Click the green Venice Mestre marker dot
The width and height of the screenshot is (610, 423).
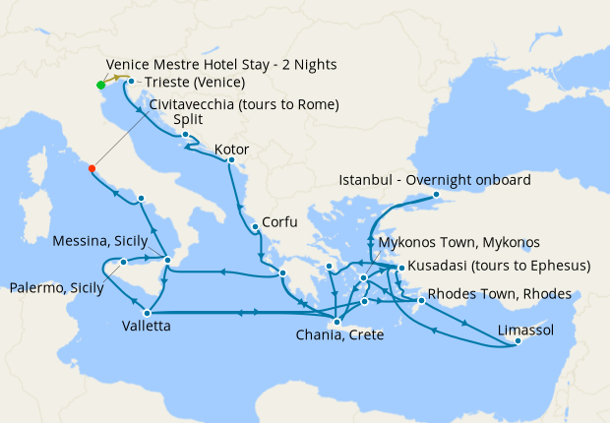pyautogui.click(x=101, y=85)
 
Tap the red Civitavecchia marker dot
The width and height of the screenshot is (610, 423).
pyautogui.click(x=91, y=168)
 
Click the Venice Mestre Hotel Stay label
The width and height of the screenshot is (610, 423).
pyautogui.click(x=220, y=64)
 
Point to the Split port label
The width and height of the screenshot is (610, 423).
pyautogui.click(x=188, y=120)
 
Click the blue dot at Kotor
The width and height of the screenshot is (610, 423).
pyautogui.click(x=230, y=160)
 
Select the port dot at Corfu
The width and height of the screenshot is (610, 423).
pyautogui.click(x=255, y=227)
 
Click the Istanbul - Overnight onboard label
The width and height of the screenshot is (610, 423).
pyautogui.click(x=435, y=180)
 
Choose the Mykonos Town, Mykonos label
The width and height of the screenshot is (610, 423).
pyautogui.click(x=459, y=242)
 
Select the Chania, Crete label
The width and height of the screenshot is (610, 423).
pyautogui.click(x=339, y=335)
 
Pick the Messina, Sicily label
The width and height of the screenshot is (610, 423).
pyautogui.click(x=100, y=241)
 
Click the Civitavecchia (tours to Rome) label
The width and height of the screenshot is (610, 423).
pyautogui.click(x=245, y=104)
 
